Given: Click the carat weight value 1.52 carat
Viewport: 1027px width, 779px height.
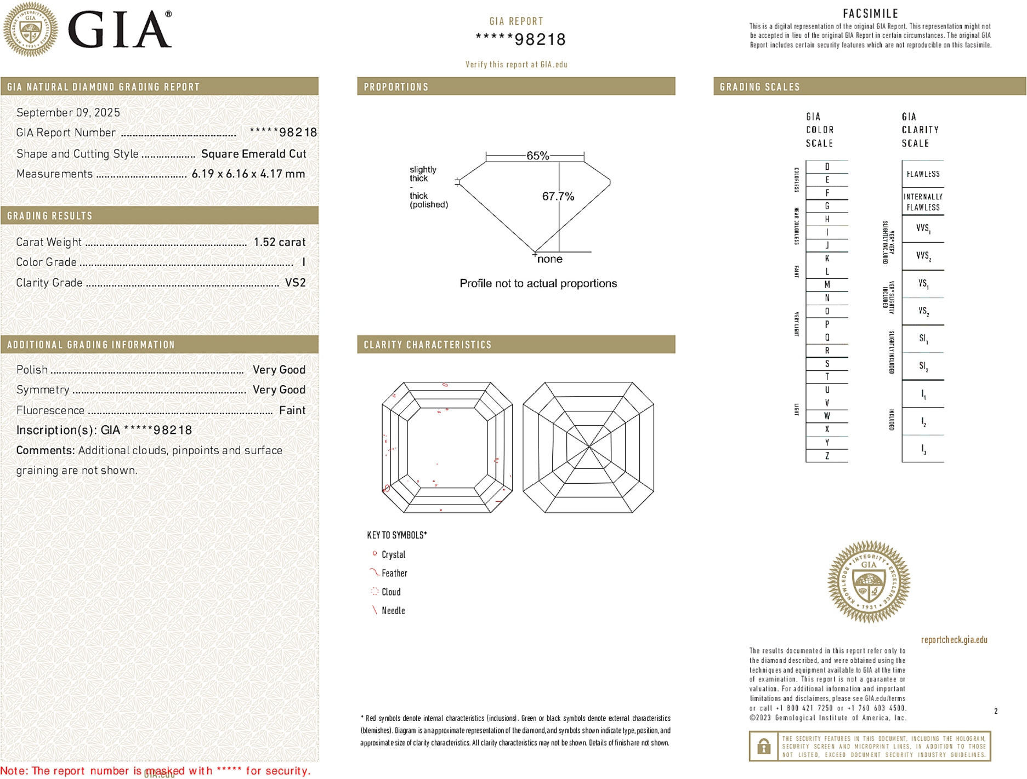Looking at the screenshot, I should (279, 242).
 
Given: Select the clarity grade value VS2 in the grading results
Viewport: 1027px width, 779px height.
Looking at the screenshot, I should (295, 283).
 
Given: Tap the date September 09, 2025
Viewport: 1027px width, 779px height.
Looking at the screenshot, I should (68, 112).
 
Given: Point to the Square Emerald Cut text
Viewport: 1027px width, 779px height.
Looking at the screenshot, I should (253, 154).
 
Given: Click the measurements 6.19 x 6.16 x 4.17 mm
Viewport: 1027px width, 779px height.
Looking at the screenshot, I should (248, 174).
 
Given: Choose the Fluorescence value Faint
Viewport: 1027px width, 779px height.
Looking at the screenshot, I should (292, 410).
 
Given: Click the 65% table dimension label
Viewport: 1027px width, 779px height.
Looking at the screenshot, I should (537, 156).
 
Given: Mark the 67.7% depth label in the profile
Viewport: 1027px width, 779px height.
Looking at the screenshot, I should (558, 196).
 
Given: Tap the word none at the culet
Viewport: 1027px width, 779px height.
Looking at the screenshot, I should (549, 259).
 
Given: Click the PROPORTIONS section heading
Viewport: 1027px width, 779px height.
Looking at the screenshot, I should (396, 87).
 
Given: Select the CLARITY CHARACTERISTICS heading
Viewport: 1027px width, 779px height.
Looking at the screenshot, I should (428, 345).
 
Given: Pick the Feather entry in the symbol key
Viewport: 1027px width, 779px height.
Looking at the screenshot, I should (394, 573).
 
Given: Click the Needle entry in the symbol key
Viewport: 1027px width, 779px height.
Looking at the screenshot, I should (393, 610).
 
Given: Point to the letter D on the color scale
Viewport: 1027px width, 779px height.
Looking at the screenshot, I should (827, 167).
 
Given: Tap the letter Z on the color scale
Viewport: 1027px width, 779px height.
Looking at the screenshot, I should (827, 456).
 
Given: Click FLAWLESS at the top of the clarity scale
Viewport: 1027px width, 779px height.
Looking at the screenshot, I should (923, 174).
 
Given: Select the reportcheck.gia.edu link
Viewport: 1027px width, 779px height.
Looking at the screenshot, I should (954, 640).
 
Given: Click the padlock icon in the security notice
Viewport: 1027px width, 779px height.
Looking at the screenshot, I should (763, 746).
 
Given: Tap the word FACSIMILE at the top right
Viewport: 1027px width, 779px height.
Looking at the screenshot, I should (870, 14).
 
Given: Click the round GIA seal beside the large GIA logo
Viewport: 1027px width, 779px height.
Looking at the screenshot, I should (30, 29).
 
